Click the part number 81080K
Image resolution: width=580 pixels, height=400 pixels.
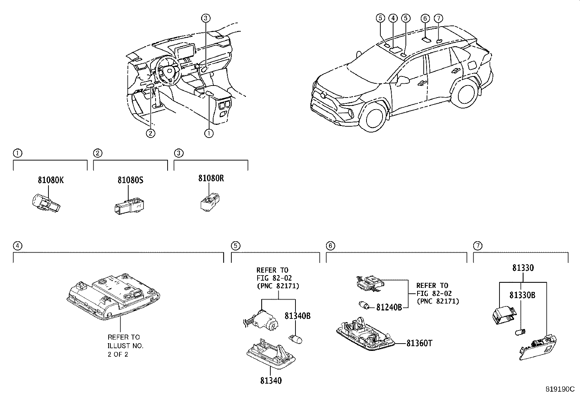50,180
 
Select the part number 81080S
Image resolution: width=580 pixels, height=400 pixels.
130,180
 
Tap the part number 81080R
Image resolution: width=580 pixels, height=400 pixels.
211,178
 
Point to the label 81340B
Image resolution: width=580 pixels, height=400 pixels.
297,316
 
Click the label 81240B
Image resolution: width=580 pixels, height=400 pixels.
389,308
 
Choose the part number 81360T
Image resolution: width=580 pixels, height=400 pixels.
419,343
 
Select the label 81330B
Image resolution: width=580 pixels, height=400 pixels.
522,295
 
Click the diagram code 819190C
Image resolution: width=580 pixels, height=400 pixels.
560,389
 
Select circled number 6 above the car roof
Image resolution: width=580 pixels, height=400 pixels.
425,18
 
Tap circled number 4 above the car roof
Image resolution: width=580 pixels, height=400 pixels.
393,18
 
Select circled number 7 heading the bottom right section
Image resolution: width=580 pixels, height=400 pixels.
477,246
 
